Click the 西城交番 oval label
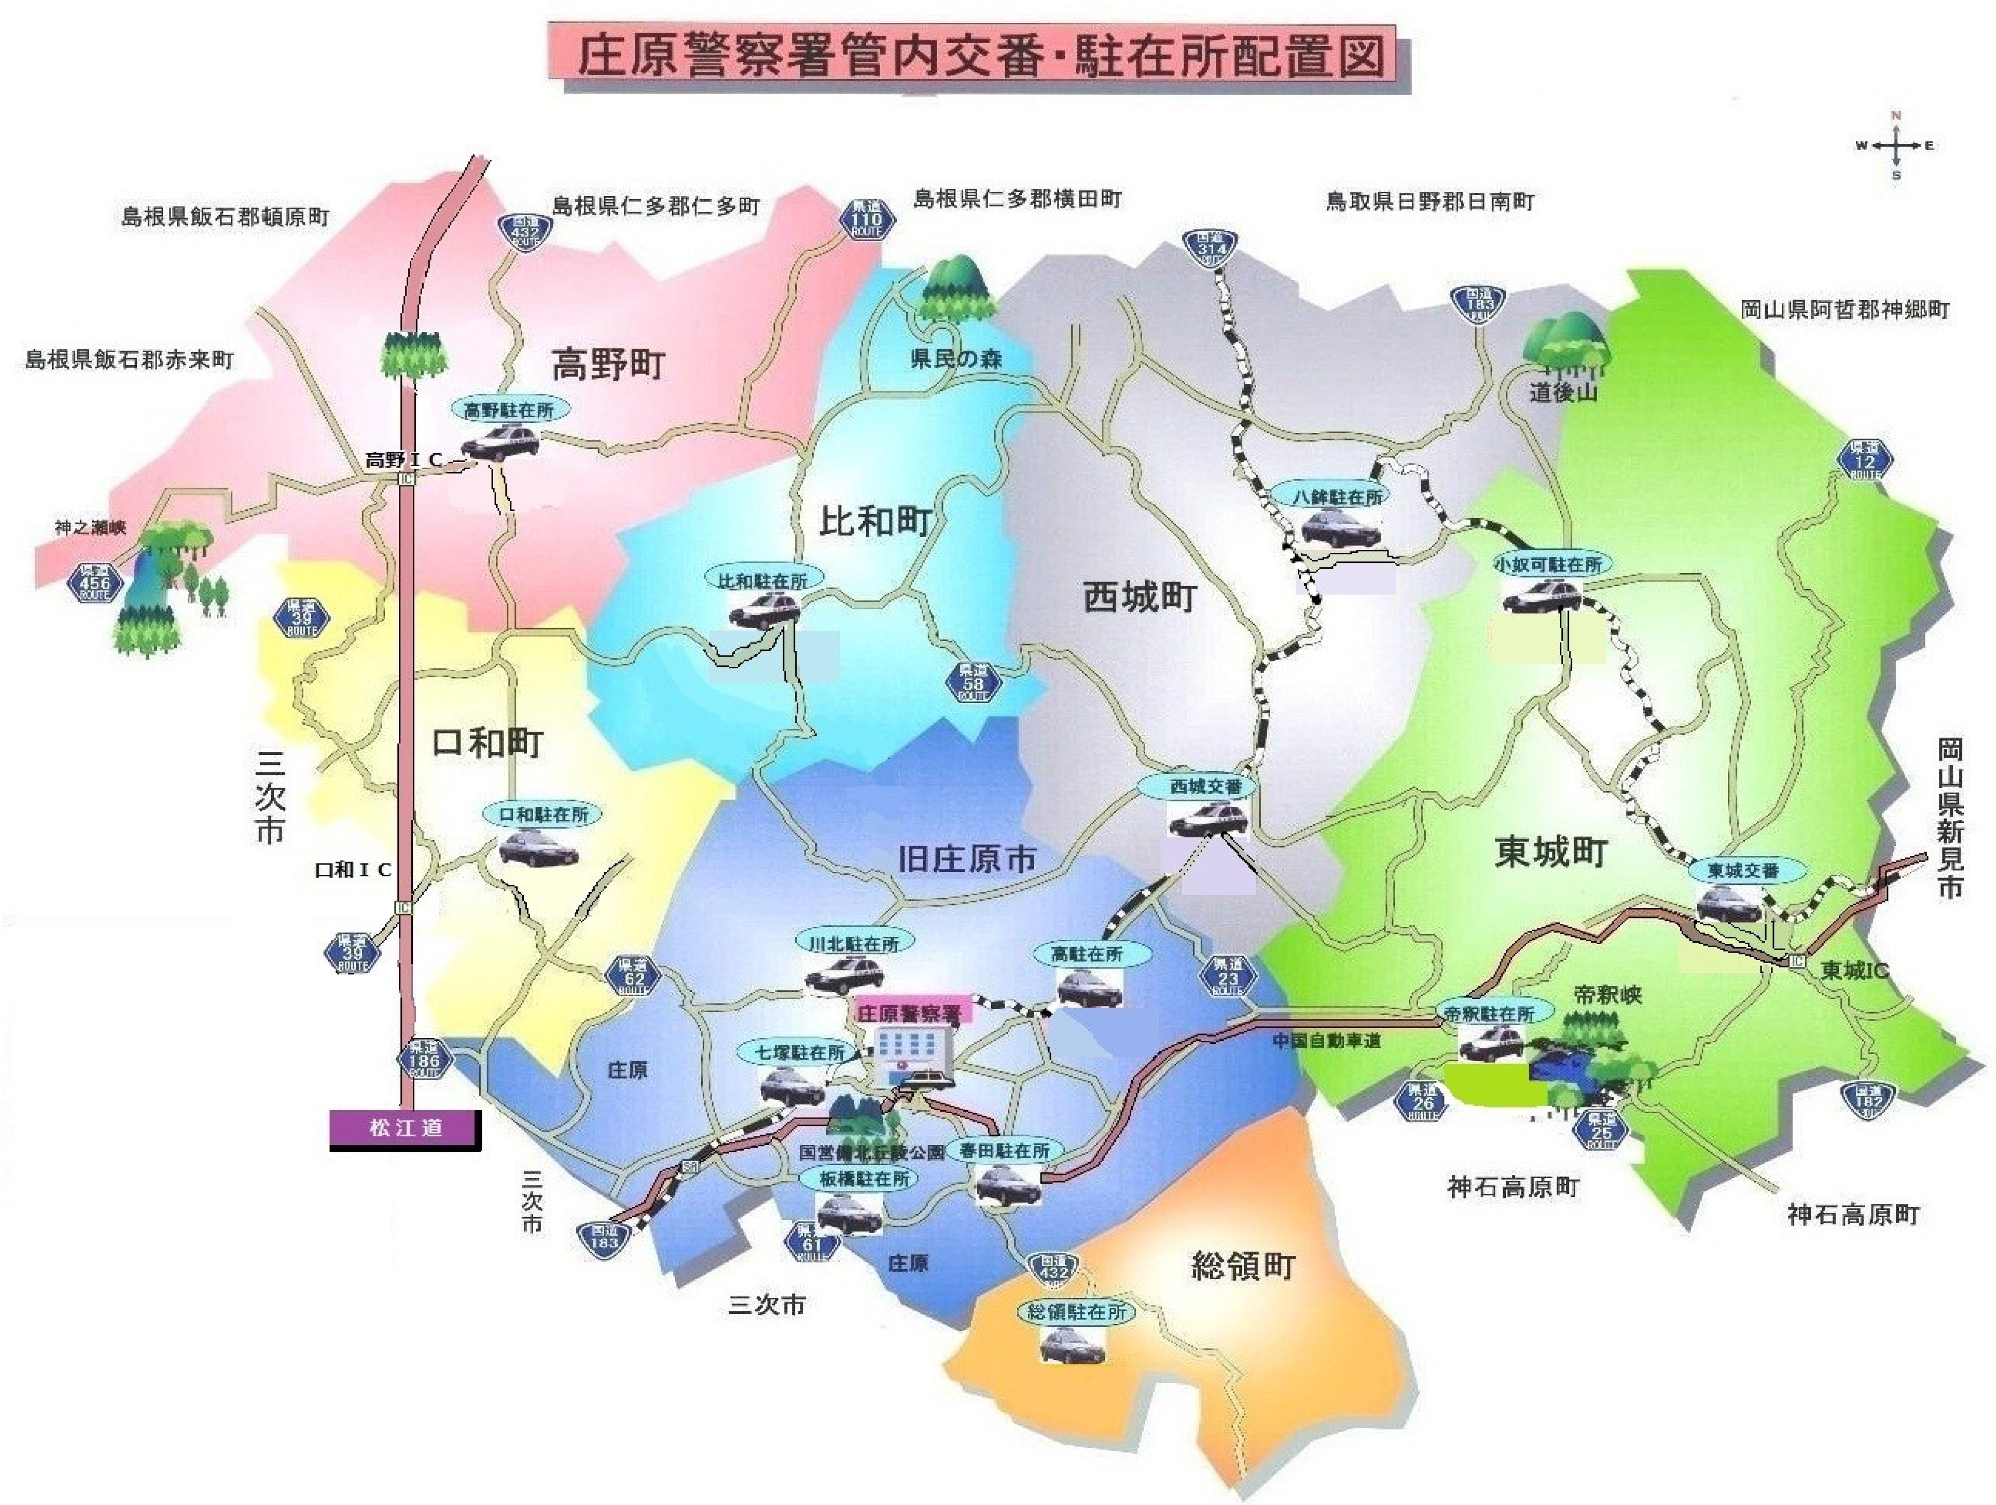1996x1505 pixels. coord(1206,786)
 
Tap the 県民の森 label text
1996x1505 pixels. coord(955,358)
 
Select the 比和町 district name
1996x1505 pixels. coord(875,522)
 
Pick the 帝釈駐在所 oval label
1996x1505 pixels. coord(1489,1013)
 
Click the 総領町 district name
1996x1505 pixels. coord(1242,1267)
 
